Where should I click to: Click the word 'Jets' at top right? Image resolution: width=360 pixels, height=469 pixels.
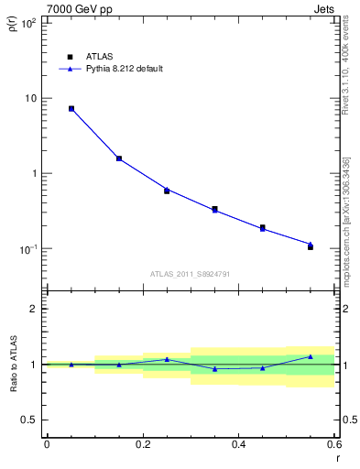tap(326, 8)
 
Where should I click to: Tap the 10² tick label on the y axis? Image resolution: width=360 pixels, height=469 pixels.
tap(27, 23)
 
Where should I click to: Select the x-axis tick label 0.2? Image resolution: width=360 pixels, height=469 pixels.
tap(143, 444)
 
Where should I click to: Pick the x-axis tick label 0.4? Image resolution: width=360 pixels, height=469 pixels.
tap(239, 444)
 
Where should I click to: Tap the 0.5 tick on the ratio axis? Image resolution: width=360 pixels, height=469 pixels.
tap(29, 420)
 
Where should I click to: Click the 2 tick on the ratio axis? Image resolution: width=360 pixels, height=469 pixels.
tap(33, 309)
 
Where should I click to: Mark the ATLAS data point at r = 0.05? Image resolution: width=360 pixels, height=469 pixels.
tap(71, 109)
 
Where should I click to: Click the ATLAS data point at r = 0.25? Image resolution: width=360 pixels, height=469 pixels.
tap(167, 191)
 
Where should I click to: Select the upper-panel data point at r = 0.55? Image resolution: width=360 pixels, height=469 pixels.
tap(311, 247)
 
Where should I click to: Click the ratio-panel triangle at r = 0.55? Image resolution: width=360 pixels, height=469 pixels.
tap(311, 356)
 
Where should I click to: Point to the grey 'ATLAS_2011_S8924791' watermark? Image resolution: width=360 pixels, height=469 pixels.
tap(191, 273)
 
